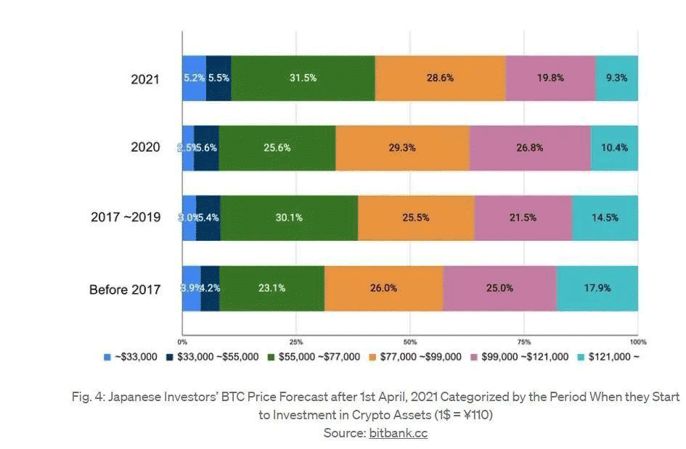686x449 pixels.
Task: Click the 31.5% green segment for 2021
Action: click(303, 78)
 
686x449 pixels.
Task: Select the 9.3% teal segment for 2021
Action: click(616, 78)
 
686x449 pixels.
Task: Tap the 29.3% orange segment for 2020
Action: click(401, 147)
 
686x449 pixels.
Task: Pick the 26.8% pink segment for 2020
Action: click(529, 147)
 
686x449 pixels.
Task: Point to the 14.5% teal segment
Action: click(605, 218)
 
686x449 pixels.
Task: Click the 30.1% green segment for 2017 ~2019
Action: click(289, 218)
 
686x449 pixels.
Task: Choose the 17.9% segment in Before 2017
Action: click(597, 288)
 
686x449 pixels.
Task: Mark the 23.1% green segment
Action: click(271, 288)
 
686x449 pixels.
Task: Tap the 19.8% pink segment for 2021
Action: click(550, 78)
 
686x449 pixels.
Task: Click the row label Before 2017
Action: click(125, 289)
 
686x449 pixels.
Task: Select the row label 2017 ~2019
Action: click(126, 217)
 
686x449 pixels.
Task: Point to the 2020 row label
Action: click(145, 147)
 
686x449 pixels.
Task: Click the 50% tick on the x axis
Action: click(409, 341)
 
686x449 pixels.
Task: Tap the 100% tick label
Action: click(638, 341)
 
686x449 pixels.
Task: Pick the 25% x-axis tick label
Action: click(295, 341)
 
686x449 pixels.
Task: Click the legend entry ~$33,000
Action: click(132, 356)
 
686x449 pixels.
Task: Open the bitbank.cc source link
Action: click(398, 433)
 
